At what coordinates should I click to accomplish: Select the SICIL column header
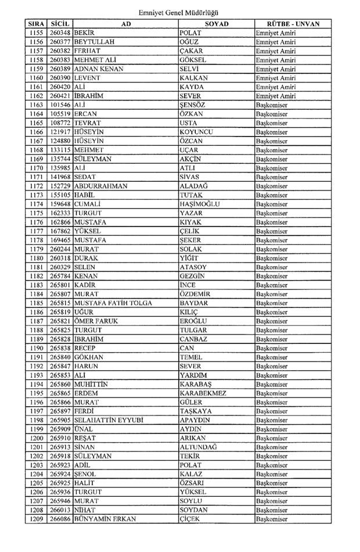[x=60, y=24]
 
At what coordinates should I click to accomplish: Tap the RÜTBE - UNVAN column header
[x=293, y=24]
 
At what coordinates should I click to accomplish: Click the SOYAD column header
[x=216, y=24]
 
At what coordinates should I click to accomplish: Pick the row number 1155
[x=36, y=33]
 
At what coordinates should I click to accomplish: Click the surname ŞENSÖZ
[x=192, y=105]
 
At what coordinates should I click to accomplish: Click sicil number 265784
[x=60, y=276]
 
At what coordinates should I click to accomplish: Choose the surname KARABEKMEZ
[x=203, y=393]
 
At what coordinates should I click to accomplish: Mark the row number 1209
[x=36, y=519]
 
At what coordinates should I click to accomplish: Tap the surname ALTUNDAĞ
[x=198, y=447]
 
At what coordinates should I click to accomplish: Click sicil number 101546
[x=60, y=105]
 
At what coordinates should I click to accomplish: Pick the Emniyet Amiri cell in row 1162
[x=276, y=96]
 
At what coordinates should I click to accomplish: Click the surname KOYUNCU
[x=197, y=132]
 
